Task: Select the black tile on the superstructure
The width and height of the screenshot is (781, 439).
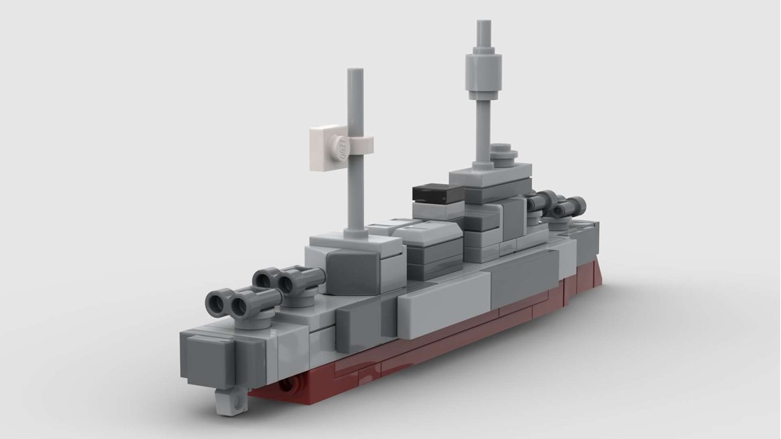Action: [x=438, y=192]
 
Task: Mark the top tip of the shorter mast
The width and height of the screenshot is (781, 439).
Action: [x=355, y=72]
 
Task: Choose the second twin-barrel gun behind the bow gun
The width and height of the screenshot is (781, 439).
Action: [x=290, y=280]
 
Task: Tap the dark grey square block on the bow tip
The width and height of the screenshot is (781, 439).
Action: [x=209, y=358]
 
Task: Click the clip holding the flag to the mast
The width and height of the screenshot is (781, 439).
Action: [x=361, y=145]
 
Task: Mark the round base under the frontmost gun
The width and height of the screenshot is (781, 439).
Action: [x=252, y=319]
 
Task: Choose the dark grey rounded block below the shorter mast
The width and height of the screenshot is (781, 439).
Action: [x=355, y=266]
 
